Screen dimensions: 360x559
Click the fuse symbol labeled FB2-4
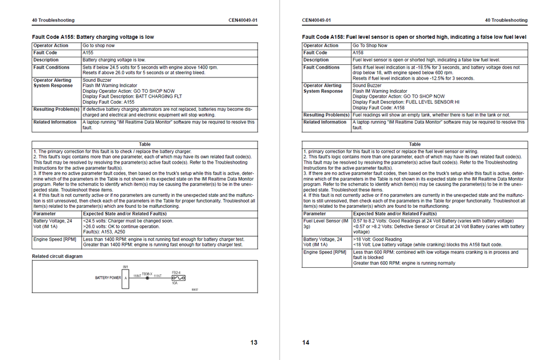coord(179,278)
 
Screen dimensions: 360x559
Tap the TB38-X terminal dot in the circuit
coord(147,277)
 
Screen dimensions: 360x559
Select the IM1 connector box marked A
coord(126,278)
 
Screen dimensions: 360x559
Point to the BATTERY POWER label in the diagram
coord(108,278)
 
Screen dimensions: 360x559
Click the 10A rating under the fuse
coord(175,283)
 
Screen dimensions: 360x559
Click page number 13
coord(254,343)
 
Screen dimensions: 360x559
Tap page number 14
coord(306,343)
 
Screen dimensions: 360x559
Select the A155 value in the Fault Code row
coord(87,53)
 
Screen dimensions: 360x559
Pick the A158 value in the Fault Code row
coord(358,53)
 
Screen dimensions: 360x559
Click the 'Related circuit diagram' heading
coord(57,256)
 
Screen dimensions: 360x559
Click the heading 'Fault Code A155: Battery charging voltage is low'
coord(93,37)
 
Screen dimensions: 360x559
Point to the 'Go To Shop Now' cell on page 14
coord(370,46)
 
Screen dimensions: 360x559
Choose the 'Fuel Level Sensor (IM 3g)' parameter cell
coord(326,223)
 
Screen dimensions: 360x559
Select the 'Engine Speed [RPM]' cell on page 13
coord(55,239)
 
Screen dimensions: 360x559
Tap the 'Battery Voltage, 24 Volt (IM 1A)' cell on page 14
coord(326,242)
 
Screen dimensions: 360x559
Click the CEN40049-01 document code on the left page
coord(243,20)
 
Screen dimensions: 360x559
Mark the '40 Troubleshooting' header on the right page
coord(506,20)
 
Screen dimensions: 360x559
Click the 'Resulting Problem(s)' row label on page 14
coord(326,115)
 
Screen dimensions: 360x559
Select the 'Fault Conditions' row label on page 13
coord(51,68)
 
